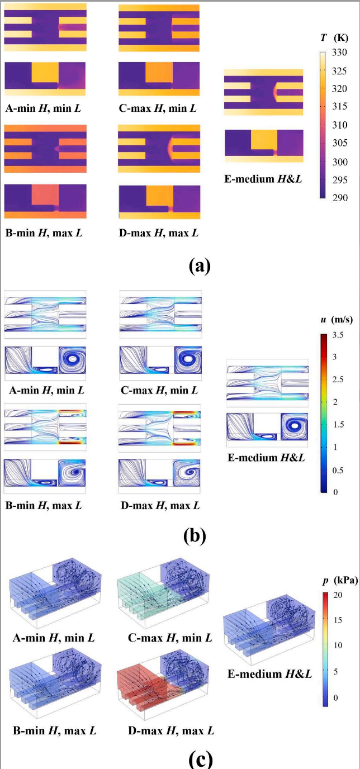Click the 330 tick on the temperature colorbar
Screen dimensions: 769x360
340,53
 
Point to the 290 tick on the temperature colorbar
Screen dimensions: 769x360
340,198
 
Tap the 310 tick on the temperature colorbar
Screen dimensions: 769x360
340,125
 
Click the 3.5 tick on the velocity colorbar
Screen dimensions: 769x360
339,335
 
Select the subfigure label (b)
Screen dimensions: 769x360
195,535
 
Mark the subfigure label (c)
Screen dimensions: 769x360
196,758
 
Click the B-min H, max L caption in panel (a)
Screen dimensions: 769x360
43,232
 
